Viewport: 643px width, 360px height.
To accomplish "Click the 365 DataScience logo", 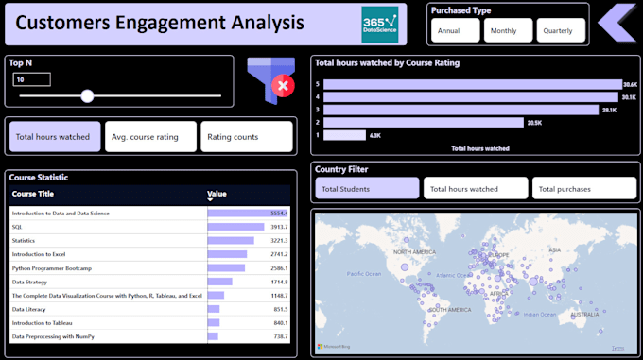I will pos(380,24).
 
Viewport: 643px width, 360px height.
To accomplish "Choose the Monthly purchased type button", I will pos(508,30).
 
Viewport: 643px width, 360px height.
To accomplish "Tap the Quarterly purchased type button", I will pos(561,30).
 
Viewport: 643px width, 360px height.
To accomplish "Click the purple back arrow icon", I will pos(617,23).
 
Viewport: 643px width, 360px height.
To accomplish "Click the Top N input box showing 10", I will pos(32,79).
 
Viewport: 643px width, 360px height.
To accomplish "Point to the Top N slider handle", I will pos(87,95).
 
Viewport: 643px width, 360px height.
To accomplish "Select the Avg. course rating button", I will pos(150,137).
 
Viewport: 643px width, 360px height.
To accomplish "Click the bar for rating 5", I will pos(472,84).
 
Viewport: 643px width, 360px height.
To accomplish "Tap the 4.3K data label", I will pos(374,135).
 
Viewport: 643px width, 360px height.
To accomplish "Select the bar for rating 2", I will pos(423,122).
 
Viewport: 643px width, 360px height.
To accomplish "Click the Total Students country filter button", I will pos(367,189).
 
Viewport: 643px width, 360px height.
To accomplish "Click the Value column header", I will pos(217,194).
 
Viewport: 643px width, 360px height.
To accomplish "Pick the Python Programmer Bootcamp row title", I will pos(52,267).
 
